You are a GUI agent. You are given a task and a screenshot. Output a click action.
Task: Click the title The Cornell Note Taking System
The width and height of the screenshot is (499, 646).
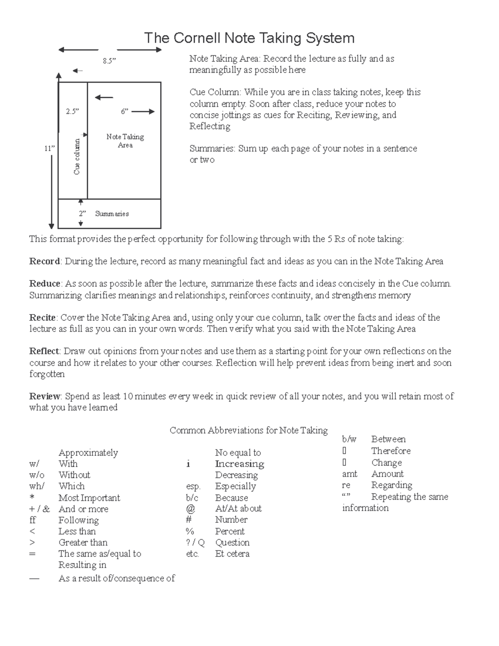point(249,38)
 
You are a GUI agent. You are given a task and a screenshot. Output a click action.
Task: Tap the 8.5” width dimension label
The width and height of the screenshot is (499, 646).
point(109,61)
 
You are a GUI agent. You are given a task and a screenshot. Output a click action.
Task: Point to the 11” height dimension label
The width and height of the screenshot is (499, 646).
point(50,149)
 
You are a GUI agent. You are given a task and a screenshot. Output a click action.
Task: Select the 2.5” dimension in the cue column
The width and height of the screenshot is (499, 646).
point(72,111)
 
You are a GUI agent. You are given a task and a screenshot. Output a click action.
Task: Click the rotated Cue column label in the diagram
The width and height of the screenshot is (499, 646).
point(77,156)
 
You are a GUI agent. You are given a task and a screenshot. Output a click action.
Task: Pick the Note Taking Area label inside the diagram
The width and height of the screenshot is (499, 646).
point(125,141)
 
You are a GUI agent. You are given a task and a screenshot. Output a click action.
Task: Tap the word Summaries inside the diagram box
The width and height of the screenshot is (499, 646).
point(112,214)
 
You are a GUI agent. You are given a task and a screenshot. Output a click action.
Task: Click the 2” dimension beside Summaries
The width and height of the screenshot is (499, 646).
point(82,214)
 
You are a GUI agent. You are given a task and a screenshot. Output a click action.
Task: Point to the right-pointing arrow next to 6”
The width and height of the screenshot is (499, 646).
point(143,111)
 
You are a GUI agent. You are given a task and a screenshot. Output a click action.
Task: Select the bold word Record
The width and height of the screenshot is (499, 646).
point(44,261)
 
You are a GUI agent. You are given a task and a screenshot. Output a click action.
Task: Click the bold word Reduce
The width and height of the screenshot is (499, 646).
point(45,284)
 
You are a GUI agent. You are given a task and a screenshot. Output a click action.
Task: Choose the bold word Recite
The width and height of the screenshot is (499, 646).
point(42,318)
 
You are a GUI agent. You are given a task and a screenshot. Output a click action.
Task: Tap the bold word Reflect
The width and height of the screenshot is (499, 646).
point(44,351)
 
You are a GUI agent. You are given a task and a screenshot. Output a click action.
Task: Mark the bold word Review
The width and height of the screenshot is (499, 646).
point(45,396)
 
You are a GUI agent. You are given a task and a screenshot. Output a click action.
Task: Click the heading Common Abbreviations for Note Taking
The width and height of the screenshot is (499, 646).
point(249,430)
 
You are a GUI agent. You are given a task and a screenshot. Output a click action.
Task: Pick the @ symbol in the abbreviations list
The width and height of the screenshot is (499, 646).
point(190,508)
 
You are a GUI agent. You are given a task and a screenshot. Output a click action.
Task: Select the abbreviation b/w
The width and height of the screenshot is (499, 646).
point(349,439)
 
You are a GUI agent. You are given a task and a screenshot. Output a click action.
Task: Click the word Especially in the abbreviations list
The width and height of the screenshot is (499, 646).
point(235,486)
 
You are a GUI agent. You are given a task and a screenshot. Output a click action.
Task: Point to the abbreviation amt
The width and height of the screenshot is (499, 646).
point(350,474)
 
